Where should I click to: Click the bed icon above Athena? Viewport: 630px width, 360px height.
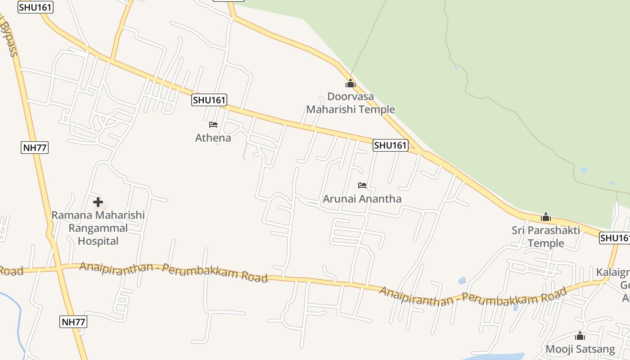[213, 125]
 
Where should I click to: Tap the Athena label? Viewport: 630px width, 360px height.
[213, 138]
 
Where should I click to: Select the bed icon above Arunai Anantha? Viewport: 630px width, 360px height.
[362, 185]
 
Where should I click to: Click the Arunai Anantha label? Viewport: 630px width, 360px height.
[362, 198]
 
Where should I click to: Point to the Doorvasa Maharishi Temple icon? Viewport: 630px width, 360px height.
[351, 83]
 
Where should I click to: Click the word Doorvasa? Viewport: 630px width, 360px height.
[351, 96]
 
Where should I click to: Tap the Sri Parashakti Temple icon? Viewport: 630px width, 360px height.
[546, 217]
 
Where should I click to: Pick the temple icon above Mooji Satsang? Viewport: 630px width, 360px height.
[580, 336]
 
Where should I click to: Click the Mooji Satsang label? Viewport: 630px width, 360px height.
[580, 349]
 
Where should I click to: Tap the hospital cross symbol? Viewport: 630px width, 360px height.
[98, 202]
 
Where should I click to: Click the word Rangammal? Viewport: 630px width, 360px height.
[98, 228]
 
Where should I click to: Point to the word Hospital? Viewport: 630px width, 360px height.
[98, 241]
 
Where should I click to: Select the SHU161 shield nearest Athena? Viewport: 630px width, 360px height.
[209, 100]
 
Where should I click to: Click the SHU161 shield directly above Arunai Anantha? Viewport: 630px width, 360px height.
[391, 145]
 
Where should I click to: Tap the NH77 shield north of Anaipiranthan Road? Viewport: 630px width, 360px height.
[35, 148]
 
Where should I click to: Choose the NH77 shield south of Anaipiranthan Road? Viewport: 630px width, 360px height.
[73, 322]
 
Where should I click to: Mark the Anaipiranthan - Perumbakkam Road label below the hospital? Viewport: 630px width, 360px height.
[173, 272]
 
